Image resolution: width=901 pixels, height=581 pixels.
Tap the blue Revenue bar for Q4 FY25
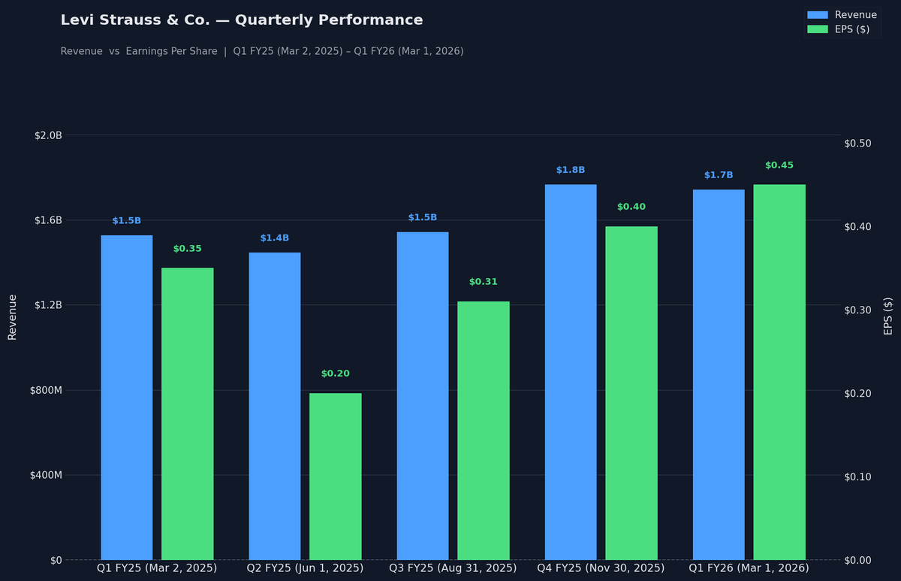571,371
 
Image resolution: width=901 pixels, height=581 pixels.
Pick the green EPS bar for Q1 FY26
779,371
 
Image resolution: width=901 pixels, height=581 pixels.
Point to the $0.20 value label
335,374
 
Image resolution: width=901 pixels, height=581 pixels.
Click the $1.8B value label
571,170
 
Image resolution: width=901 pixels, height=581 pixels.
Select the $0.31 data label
484,282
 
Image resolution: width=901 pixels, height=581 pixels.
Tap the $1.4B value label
275,238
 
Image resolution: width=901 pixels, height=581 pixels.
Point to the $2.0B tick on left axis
48,135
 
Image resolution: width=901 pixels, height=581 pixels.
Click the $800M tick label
46,390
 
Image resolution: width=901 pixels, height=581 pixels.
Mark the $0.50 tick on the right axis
857,144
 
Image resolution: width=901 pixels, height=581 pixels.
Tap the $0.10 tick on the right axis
857,477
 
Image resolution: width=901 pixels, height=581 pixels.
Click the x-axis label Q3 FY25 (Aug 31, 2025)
453,568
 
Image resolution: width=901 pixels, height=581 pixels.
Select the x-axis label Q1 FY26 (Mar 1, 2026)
749,568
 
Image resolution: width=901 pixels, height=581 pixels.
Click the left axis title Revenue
13,316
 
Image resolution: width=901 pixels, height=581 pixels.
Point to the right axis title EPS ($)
888,316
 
